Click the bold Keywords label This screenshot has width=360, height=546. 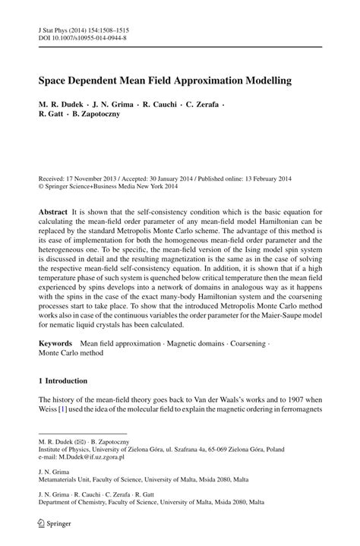[57, 343]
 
